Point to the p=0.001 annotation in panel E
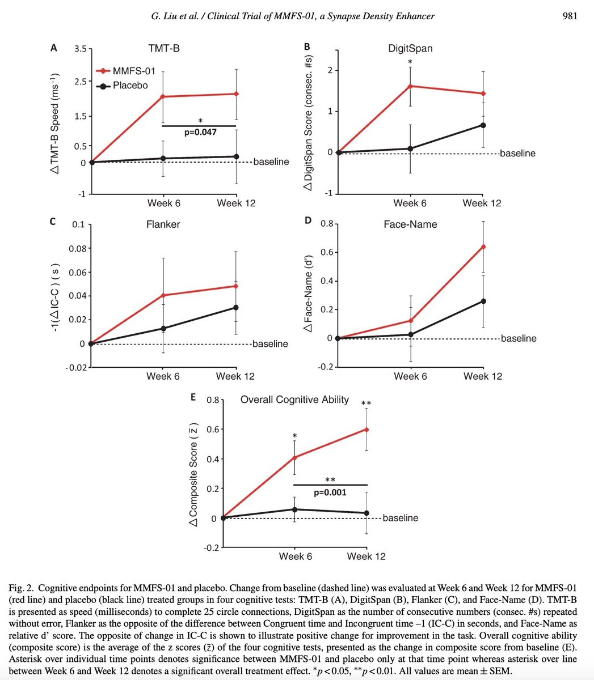coord(330,492)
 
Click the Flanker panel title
coord(163,224)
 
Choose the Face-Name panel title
coord(410,224)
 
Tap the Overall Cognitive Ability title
coord(294,400)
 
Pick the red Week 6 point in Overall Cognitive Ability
coord(295,457)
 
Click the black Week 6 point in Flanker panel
coord(163,329)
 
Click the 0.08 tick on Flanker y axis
coord(75,249)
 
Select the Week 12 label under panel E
coord(366,556)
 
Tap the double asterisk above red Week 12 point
coord(366,403)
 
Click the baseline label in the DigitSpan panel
coord(518,154)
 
